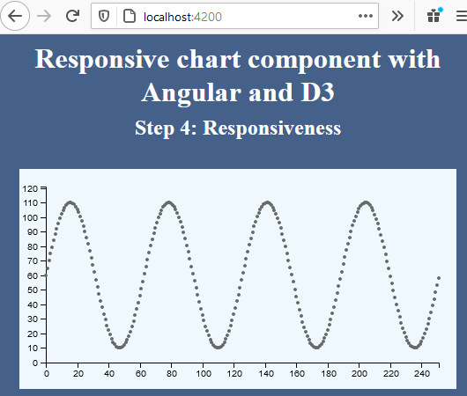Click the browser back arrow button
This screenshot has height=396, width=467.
coord(15,15)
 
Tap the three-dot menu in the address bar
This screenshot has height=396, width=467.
coord(365,16)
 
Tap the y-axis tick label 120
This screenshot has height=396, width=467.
coord(33,188)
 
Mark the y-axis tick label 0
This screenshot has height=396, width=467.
coord(37,363)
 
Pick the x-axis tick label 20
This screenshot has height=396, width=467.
coord(78,373)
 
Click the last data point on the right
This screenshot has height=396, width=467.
coord(439,277)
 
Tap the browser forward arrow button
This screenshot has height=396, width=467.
coord(44,15)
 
